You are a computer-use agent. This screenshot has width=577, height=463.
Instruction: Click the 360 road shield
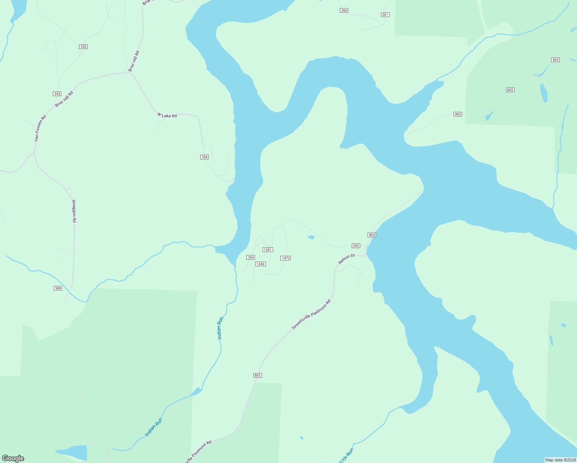tap(344, 10)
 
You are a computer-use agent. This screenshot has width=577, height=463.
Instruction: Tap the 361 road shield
tap(385, 15)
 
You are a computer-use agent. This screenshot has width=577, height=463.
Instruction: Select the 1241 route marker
tap(268, 250)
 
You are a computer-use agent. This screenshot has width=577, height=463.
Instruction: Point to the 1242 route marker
tap(260, 264)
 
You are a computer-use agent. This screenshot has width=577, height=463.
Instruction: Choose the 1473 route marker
tap(285, 258)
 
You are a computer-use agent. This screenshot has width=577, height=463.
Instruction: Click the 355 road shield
tap(356, 246)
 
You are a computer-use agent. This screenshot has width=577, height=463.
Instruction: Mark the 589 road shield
tap(57, 288)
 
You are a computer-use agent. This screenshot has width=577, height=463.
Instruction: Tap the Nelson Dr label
tap(346, 259)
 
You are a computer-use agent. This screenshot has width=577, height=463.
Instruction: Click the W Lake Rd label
tap(167, 115)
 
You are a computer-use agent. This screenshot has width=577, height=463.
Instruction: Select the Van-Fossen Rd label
tap(40, 128)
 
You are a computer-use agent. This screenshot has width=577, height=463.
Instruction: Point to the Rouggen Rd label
tap(74, 211)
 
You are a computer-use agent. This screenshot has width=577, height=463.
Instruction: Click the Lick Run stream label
tap(346, 456)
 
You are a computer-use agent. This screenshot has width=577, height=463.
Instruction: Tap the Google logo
tap(13, 458)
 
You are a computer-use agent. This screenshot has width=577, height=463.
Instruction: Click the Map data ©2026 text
tap(560, 460)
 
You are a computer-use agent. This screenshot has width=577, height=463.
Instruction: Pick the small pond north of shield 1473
tap(311, 237)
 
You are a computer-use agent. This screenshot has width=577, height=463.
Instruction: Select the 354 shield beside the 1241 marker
tap(251, 257)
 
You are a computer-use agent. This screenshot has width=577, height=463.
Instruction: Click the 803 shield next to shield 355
tap(371, 235)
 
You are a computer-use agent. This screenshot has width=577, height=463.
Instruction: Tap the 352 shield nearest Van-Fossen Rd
tap(57, 94)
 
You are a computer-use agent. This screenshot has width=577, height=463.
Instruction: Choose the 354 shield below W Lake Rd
tap(204, 157)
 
